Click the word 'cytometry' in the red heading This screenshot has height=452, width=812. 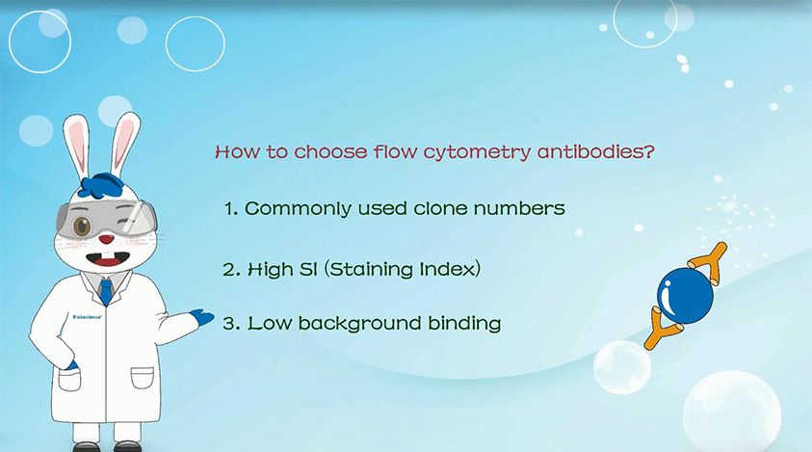[x=477, y=153]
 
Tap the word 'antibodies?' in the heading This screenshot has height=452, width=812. [x=596, y=151]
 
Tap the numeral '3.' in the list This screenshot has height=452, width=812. [x=230, y=324]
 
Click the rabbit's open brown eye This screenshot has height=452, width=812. [x=82, y=226]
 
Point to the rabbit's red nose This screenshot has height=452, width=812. [x=107, y=239]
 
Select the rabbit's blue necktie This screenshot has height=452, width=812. [x=106, y=291]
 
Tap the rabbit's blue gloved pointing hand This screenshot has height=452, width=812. [x=202, y=317]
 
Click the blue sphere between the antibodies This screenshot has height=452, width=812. [x=685, y=296]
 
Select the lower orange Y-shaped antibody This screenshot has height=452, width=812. [x=662, y=328]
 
